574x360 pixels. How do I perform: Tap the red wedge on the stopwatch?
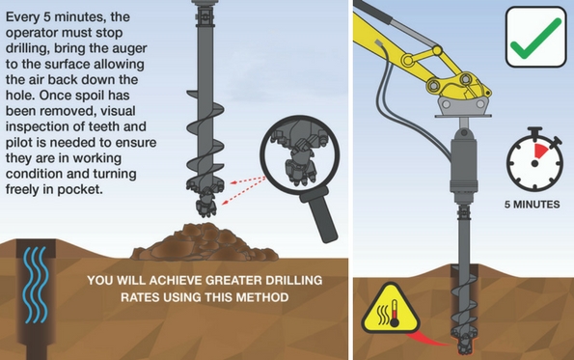pos(540,152)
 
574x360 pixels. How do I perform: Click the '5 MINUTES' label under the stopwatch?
pos(532,205)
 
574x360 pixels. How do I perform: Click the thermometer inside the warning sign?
pos(395,314)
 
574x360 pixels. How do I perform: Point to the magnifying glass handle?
pos(320,215)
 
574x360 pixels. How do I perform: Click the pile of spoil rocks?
pos(205,242)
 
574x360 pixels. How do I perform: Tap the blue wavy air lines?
pos(35,285)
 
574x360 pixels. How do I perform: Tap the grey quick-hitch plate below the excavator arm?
pos(464,106)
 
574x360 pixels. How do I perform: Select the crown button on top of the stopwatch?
pos(534,131)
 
